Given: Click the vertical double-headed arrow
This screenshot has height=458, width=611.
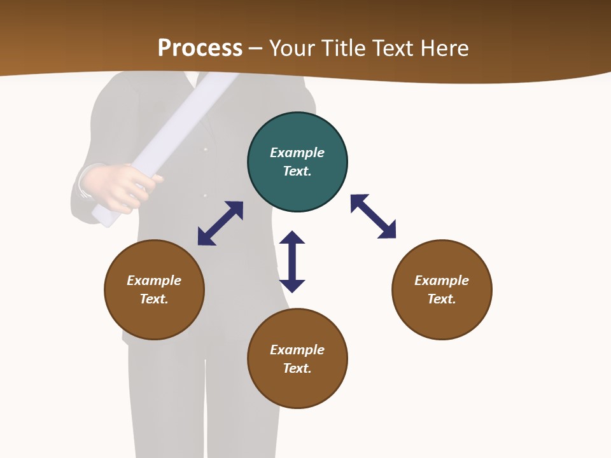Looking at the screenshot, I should click(x=292, y=261).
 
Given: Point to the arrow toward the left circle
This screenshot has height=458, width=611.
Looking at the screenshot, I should click(x=220, y=223).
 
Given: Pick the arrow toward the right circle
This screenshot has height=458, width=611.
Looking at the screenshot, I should click(x=373, y=216).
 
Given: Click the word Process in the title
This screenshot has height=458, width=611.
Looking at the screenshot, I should click(x=200, y=48).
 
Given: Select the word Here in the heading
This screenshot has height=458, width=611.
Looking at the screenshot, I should click(x=445, y=48).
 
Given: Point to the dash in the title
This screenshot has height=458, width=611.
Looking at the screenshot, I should click(x=256, y=48).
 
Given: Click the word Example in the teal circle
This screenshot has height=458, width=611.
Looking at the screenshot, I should click(x=297, y=153).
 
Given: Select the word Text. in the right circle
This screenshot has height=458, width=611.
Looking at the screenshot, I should click(x=442, y=299).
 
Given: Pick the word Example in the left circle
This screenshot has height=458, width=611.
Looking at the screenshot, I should click(x=154, y=281).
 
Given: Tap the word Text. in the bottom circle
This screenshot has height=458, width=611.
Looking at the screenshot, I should click(x=297, y=368).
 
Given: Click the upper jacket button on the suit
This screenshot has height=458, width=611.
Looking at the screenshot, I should click(x=206, y=149).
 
